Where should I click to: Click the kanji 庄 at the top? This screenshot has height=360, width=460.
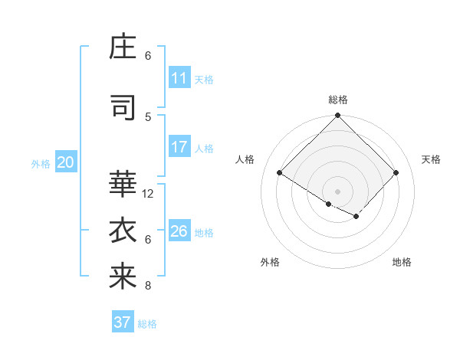point(123,47)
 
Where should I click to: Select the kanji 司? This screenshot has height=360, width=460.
point(123,108)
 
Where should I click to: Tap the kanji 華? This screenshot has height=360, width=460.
point(123,184)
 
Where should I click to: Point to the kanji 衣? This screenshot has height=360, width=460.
point(123,229)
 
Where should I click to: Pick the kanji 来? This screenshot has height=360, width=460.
point(123,276)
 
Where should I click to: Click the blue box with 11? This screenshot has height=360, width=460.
point(179,78)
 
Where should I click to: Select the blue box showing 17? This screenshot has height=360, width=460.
point(179,147)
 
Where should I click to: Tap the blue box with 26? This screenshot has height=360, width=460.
point(179,231)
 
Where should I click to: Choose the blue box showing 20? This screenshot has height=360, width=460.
point(65,162)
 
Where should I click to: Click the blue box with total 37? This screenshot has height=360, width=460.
point(122,322)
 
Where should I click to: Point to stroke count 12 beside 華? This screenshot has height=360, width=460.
point(148,194)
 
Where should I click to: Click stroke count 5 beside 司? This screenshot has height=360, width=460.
point(148,116)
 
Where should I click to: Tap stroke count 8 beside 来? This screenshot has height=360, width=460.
point(148,286)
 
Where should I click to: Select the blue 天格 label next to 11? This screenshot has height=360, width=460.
point(204,79)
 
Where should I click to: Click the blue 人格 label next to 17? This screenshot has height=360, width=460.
point(204,148)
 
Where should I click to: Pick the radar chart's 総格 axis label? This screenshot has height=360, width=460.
point(338,100)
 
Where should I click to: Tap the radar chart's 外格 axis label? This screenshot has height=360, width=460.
point(270,262)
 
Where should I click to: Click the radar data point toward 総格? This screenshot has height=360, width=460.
point(337,116)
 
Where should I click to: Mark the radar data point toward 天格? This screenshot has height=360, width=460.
point(396,173)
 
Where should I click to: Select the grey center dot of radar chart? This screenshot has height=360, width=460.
point(337,191)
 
